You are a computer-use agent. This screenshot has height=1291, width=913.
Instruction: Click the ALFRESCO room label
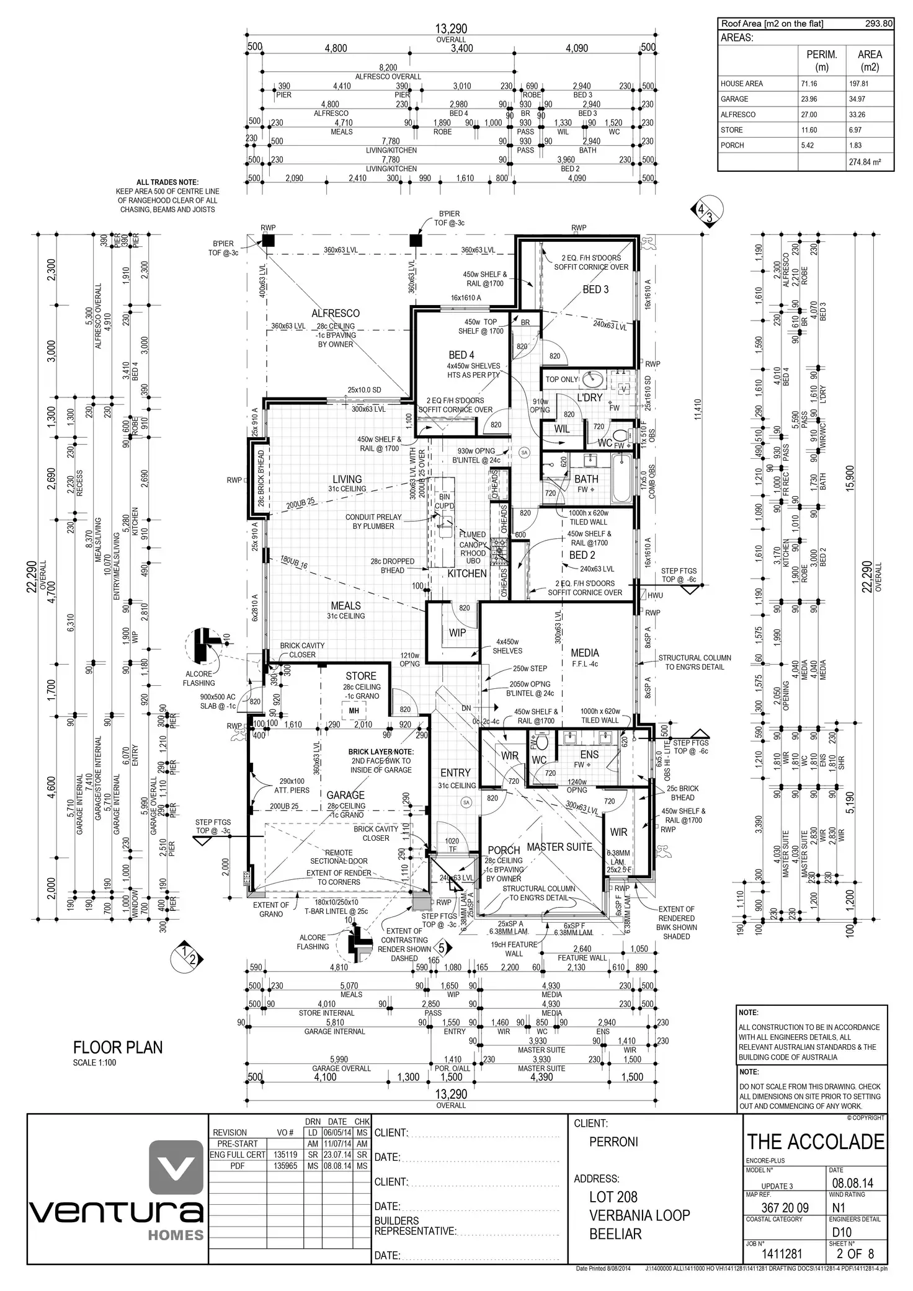(336, 313)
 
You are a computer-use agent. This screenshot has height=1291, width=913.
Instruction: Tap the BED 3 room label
(595, 290)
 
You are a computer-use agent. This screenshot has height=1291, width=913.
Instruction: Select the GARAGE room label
(345, 795)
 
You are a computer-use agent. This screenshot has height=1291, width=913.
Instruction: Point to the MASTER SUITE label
(559, 847)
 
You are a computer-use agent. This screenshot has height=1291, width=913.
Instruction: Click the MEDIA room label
(585, 652)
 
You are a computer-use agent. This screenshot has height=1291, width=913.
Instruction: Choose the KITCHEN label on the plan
(467, 574)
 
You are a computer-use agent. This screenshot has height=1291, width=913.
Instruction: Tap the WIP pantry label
(457, 633)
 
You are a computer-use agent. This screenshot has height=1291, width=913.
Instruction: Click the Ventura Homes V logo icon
(177, 1169)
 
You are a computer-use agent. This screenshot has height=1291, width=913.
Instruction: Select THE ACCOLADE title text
(815, 1142)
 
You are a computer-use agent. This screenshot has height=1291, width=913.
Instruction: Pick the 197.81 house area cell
(869, 84)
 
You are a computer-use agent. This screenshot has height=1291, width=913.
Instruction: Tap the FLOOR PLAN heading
(118, 1047)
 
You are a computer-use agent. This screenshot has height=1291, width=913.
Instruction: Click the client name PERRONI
(613, 1142)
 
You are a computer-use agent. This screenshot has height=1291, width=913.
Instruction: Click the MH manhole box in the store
(354, 711)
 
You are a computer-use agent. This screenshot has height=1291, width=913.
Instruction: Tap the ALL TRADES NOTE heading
(167, 182)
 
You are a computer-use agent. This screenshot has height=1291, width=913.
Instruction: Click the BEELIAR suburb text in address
(615, 1233)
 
